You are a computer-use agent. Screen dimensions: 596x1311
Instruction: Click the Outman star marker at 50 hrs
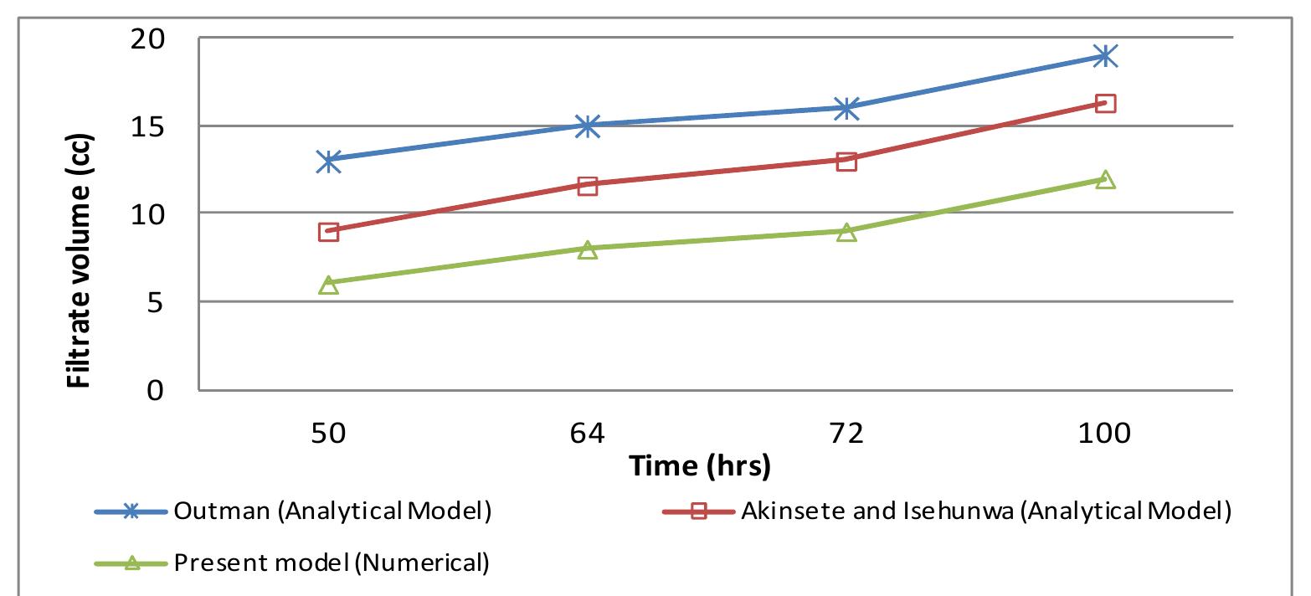coord(328,161)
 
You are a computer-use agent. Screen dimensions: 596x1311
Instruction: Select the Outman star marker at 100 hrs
coord(1105,56)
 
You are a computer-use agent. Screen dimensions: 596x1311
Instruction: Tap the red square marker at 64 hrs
coord(588,185)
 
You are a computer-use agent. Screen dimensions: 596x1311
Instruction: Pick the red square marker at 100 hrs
coord(1105,104)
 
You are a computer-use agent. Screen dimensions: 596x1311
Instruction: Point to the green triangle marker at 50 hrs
coord(328,285)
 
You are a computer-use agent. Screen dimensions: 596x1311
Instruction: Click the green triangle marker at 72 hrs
coord(846,232)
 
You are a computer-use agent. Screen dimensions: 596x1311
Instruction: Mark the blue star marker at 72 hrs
coord(846,108)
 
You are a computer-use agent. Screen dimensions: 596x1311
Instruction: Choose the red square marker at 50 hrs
coord(328,232)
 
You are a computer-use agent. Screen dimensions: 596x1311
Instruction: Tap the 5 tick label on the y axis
coord(156,302)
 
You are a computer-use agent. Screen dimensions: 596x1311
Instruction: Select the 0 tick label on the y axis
coord(156,390)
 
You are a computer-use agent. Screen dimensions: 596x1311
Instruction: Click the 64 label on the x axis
coord(588,434)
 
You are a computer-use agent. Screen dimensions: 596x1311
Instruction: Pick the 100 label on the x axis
coord(1105,434)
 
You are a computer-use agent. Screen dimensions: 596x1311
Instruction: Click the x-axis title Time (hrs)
coord(700,465)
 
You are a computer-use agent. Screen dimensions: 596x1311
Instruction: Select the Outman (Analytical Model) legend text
coord(332,512)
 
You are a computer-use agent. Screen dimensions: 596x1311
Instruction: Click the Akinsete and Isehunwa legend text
coord(985,512)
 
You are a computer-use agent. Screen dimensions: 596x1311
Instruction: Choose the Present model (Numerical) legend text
coord(331,563)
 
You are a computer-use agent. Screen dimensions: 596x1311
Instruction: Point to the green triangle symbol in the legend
coord(130,563)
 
